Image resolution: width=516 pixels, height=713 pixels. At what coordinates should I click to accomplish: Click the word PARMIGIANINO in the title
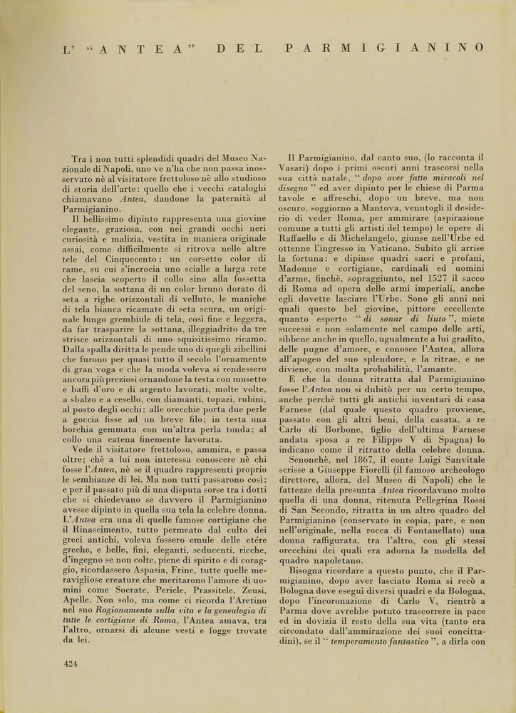(384, 48)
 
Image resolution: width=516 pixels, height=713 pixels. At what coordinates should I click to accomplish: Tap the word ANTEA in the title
(143, 48)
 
